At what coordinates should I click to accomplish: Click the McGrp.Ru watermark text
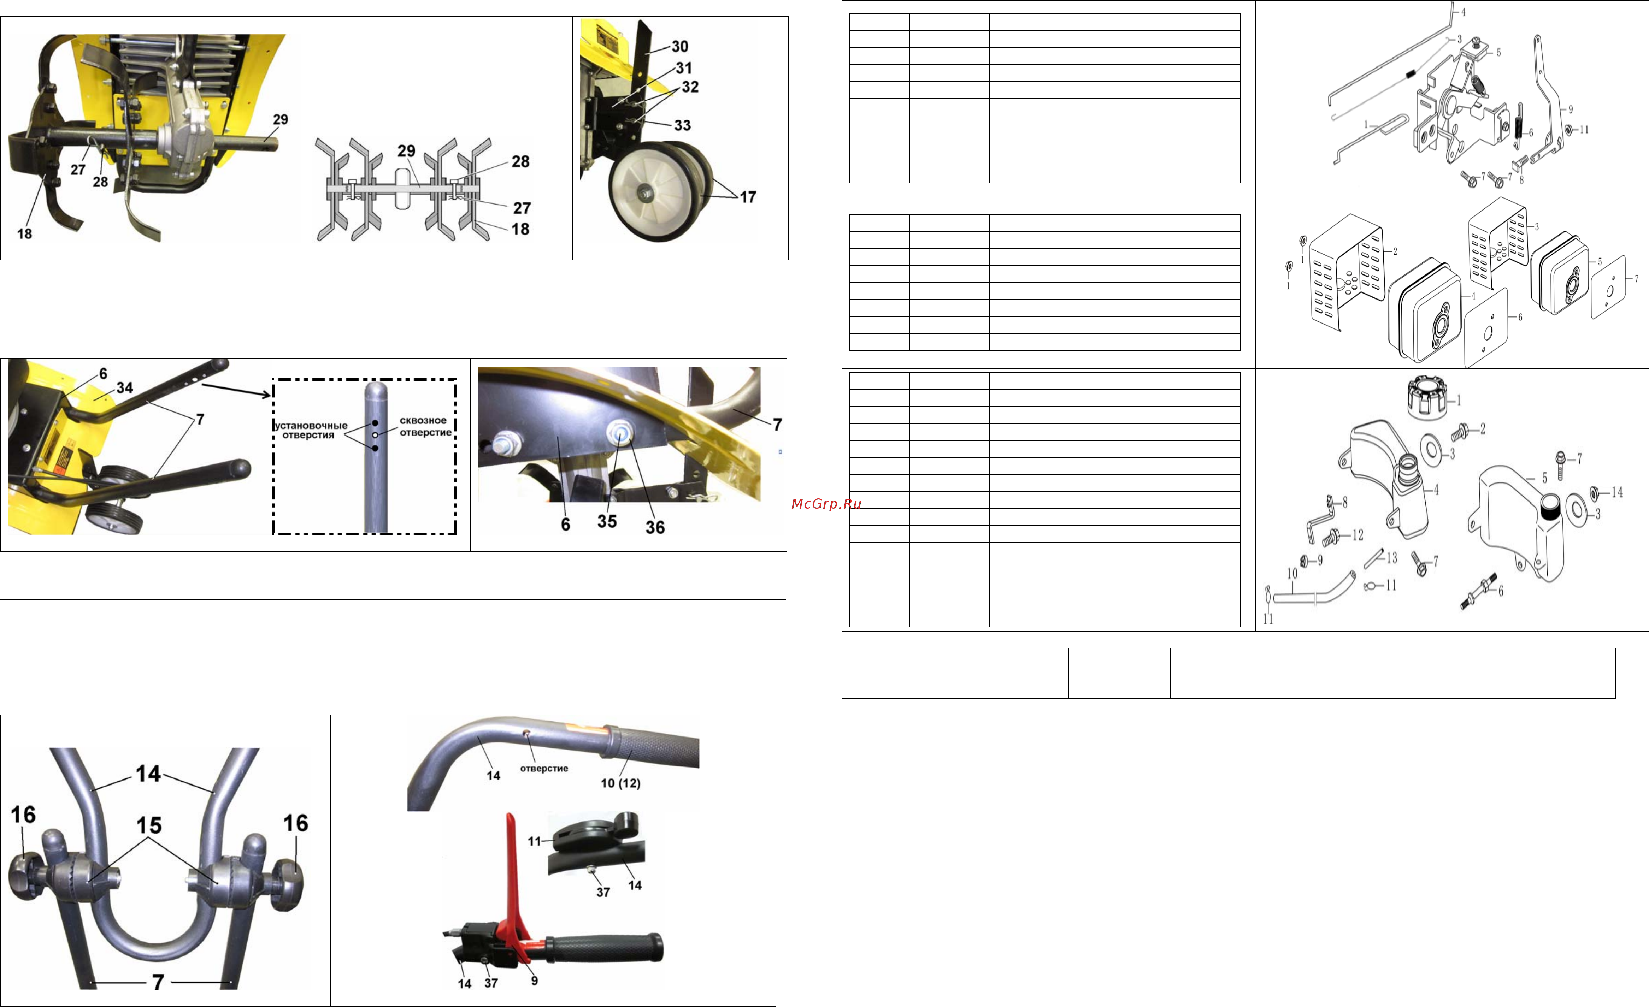click(826, 504)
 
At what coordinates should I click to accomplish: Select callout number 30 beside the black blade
click(680, 46)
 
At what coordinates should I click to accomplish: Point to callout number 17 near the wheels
click(748, 197)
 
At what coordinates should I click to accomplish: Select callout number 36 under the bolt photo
click(655, 527)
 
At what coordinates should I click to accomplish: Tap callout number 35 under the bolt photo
click(607, 521)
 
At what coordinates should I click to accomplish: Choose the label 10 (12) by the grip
click(620, 783)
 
